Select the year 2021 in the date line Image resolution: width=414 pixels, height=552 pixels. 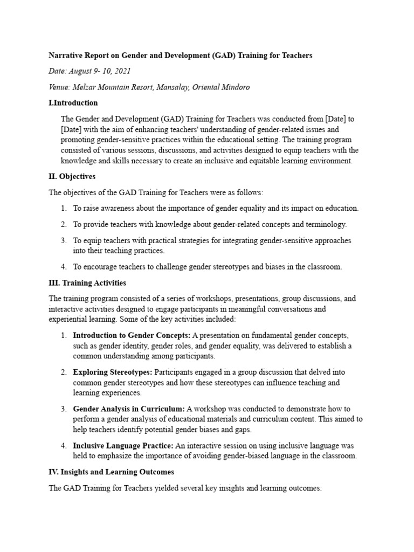coord(121,71)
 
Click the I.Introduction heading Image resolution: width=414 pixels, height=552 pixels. coord(73,103)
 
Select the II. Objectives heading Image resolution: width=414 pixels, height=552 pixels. coord(72,176)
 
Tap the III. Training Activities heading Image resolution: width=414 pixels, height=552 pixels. coord(87,282)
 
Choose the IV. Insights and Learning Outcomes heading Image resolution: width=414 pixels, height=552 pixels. coord(112,472)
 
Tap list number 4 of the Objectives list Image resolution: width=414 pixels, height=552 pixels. coord(63,266)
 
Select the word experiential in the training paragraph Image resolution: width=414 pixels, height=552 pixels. coord(70,319)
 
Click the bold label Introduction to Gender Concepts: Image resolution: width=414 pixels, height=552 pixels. coord(132,335)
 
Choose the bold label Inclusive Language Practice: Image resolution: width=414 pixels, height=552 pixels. coord(123,445)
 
